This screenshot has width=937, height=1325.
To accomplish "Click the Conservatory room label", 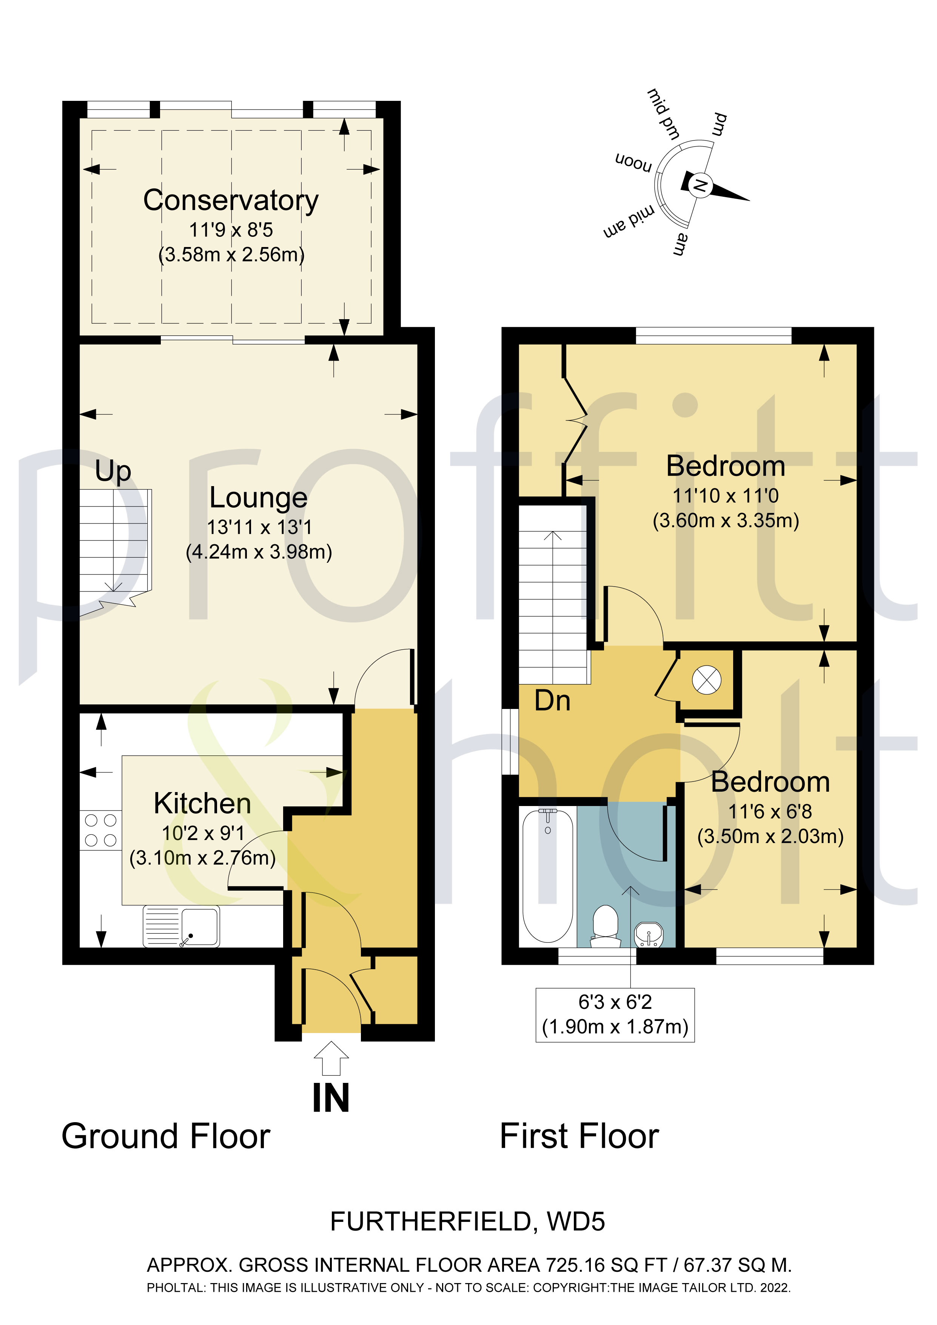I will coord(231,201).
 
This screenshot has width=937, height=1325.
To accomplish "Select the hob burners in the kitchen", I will coord(100,830).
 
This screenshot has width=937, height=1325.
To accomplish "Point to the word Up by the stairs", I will coord(113,471).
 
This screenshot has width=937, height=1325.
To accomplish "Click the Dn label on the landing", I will coord(552,701).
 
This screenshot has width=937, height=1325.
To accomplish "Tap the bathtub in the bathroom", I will coord(547,875).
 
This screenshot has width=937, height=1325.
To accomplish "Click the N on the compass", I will coord(699,185).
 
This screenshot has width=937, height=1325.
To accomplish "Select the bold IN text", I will coord(331,1098).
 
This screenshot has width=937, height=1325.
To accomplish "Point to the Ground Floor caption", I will coord(166,1137).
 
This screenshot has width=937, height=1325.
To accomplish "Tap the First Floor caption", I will coord(579,1137).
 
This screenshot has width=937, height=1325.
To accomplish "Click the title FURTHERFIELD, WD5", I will coord(467,1222).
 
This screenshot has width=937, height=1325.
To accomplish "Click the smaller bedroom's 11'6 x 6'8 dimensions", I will coord(770,811).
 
